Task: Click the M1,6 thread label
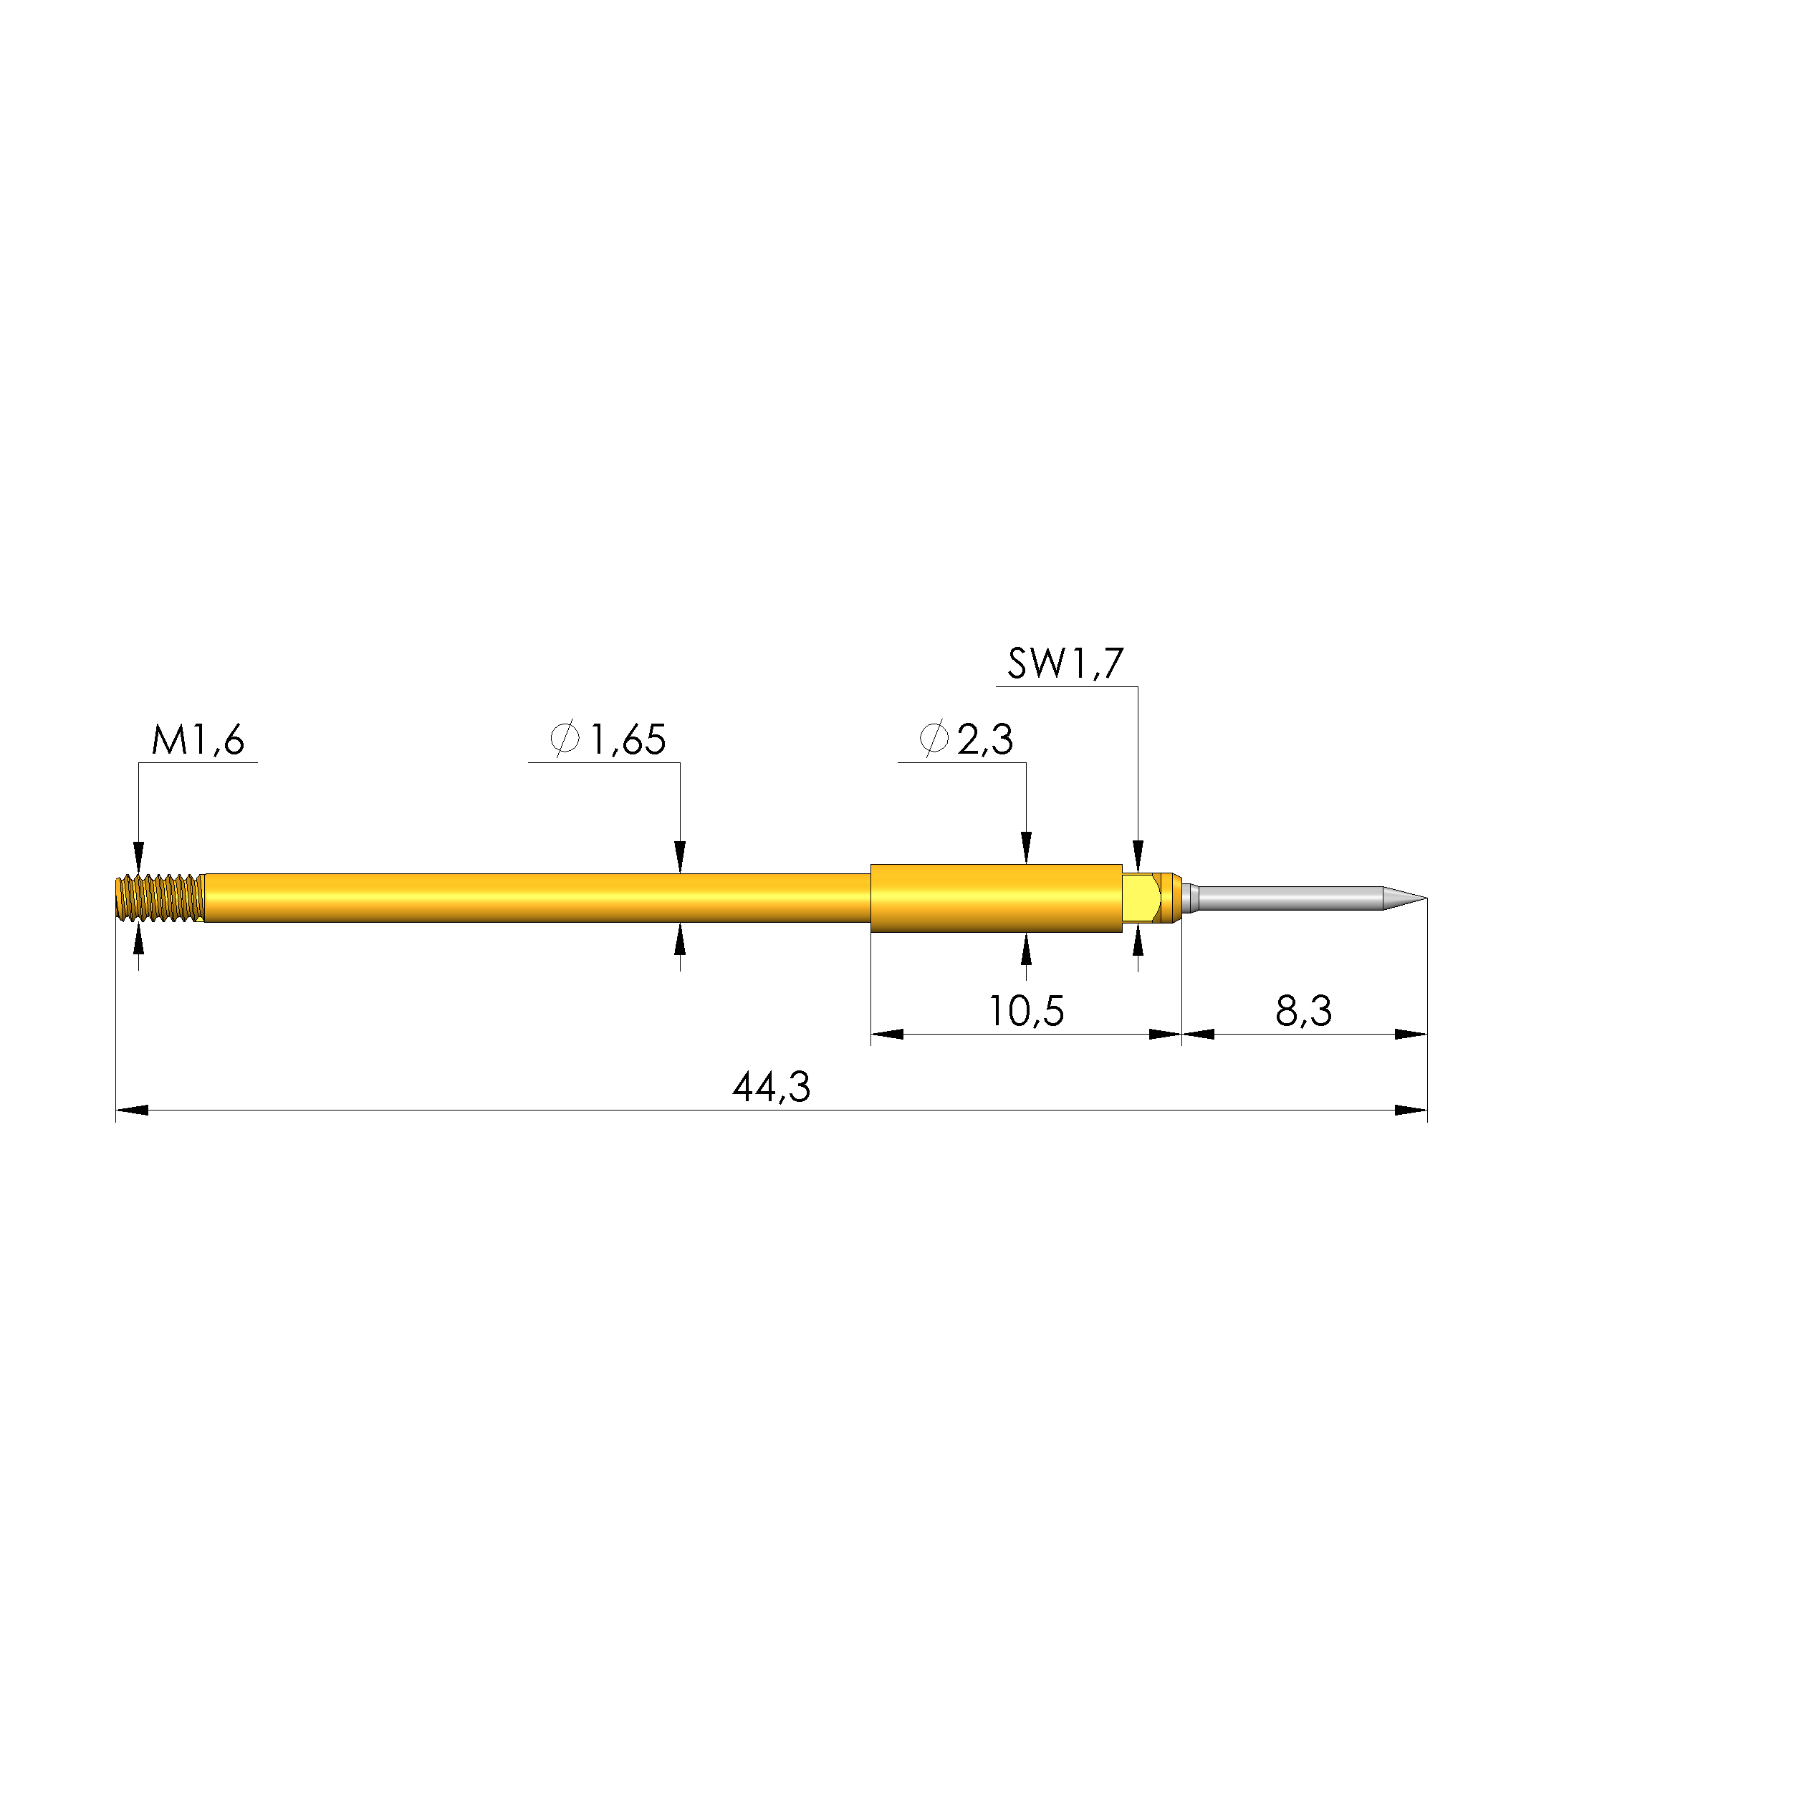click(198, 741)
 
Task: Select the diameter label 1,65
click(628, 740)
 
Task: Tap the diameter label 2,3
click(985, 740)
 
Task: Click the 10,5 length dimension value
click(1025, 1011)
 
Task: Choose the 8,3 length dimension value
click(1304, 1011)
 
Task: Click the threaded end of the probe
click(159, 898)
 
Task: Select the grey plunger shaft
click(1291, 898)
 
